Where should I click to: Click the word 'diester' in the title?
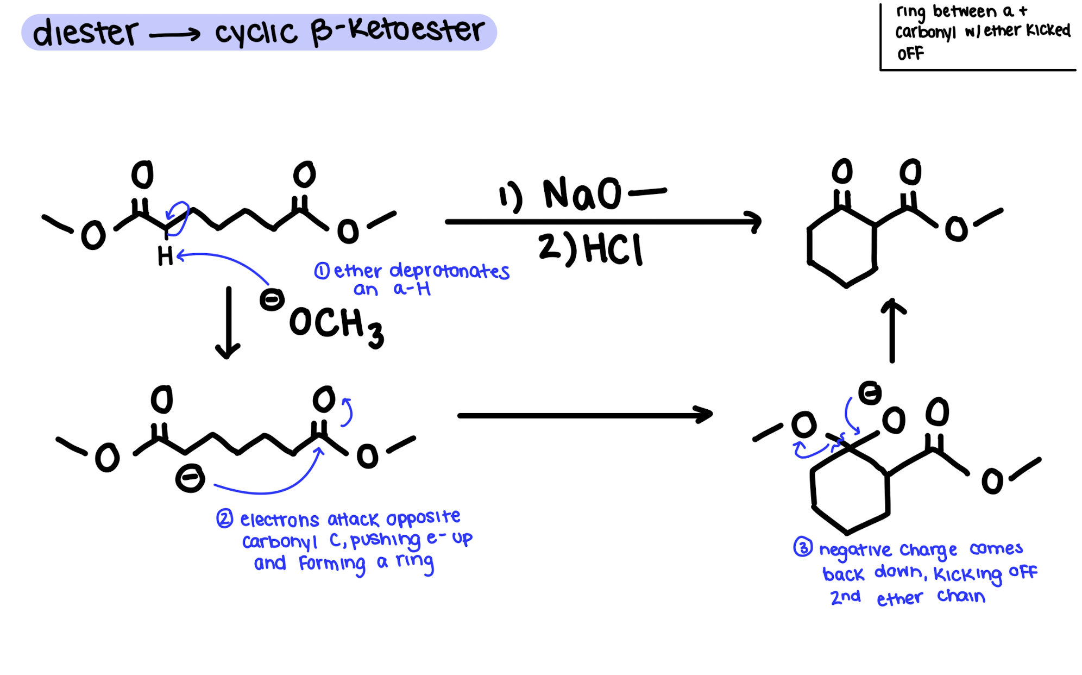(85, 33)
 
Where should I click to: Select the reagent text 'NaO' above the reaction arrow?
(582, 193)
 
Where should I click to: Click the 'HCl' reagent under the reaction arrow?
(613, 249)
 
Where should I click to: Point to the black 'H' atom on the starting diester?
(165, 256)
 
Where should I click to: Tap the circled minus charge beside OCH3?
(272, 299)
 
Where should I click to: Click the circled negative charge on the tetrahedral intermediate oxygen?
(870, 392)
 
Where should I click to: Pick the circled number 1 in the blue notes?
(322, 271)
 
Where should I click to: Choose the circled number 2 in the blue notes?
(224, 518)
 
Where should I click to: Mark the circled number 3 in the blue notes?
(803, 547)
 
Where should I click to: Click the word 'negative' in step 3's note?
(855, 550)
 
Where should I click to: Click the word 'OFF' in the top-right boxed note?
(910, 54)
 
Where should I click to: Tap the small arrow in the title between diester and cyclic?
(174, 35)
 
